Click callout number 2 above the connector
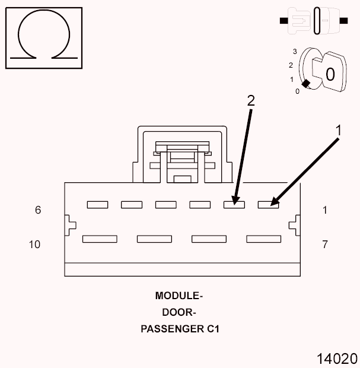(x=251, y=101)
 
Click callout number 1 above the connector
(x=339, y=129)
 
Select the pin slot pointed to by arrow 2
(x=234, y=205)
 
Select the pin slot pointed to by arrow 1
(x=269, y=205)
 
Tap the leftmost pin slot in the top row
(x=97, y=205)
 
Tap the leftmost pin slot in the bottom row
(x=100, y=239)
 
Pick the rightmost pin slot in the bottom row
(x=263, y=239)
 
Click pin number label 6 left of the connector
(x=38, y=210)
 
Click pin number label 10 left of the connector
(x=35, y=244)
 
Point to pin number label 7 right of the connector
(x=325, y=244)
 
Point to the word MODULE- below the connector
(x=179, y=296)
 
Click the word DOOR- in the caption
(x=179, y=312)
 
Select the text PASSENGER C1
(x=180, y=328)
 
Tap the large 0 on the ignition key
(x=330, y=74)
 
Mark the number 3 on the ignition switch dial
(x=295, y=52)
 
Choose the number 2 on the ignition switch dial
(x=291, y=65)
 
